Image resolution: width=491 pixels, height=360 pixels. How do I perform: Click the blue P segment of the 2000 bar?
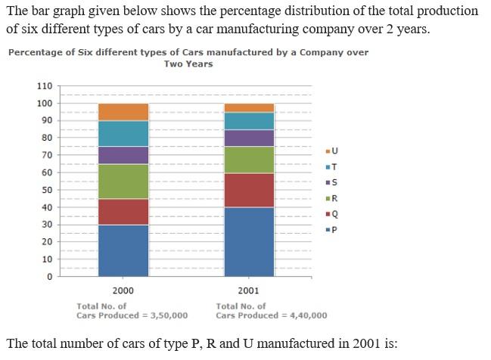point(123,250)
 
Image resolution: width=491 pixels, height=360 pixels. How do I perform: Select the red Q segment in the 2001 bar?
point(249,190)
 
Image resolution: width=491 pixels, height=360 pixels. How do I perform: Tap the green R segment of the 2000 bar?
point(123,182)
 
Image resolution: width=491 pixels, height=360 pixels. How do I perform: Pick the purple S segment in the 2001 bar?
point(249,138)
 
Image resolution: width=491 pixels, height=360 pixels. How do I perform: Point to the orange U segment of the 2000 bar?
point(123,112)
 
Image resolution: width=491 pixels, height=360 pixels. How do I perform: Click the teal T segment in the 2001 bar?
point(249,121)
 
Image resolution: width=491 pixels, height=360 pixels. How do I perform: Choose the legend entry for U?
point(332,151)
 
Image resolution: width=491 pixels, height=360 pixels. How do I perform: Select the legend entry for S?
point(331,182)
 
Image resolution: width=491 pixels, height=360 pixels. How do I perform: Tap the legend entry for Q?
point(332,214)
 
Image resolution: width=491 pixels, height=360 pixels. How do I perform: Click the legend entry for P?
point(331,230)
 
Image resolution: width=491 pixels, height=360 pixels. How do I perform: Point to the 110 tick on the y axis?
point(45,86)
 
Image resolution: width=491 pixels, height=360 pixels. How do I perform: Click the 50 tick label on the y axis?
point(47,190)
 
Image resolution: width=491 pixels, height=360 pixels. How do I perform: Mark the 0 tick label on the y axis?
point(50,277)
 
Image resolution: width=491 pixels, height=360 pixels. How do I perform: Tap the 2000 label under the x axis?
point(123,291)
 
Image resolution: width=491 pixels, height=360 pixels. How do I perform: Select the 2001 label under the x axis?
point(248,291)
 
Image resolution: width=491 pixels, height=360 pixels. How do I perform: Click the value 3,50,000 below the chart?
point(169,315)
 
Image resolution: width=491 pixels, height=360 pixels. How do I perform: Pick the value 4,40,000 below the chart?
point(309,315)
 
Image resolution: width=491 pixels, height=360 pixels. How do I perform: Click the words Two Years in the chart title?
point(188,64)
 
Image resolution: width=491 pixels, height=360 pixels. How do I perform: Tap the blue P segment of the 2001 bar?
point(249,242)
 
